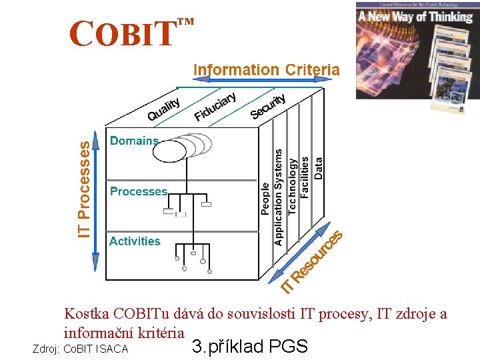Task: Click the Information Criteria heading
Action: pos(266,69)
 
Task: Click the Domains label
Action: pos(134,141)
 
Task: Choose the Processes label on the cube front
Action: pos(139,191)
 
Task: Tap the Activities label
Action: pos(135,241)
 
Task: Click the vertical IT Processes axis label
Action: pos(85,189)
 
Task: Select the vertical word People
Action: pos(265,198)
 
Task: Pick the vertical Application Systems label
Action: pos(279,197)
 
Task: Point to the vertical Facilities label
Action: pos(305,177)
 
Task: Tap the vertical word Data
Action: pos(319,168)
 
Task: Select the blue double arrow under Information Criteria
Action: pos(266,81)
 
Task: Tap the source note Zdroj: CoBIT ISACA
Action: pos(80,349)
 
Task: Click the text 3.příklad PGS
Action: pos(249,347)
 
